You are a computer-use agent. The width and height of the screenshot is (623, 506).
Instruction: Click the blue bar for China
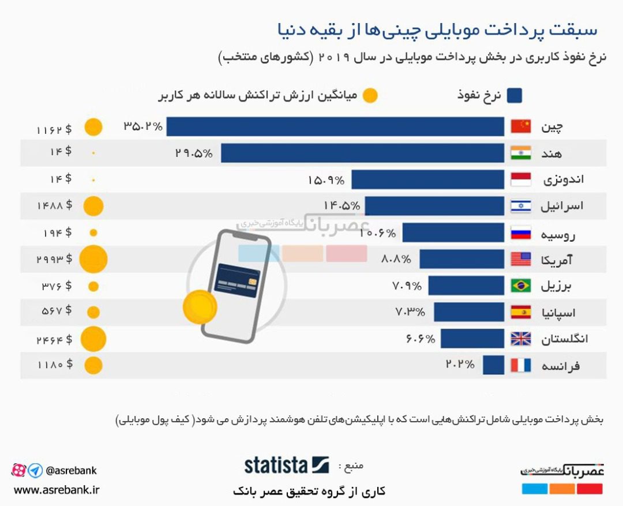point(335,127)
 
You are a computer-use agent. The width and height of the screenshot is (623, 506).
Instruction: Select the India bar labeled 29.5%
point(362,153)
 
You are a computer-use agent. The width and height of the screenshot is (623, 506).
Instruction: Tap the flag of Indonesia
point(521,180)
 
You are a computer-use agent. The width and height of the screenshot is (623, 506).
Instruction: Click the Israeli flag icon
point(521,206)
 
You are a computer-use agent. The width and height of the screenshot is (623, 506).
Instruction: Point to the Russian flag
point(521,233)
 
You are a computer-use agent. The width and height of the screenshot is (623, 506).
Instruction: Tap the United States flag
point(521,259)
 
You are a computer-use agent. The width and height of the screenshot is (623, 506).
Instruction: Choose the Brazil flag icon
point(521,286)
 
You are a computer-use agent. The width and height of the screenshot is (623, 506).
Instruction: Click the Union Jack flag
point(521,339)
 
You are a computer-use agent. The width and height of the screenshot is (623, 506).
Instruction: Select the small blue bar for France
point(493,366)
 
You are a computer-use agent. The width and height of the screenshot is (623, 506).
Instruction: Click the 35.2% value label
point(143,126)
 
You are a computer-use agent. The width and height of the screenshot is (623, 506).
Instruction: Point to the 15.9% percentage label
point(326,180)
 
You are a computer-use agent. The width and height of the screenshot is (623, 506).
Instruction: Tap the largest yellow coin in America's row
point(93,259)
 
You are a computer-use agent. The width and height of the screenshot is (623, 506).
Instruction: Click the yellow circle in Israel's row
point(93,206)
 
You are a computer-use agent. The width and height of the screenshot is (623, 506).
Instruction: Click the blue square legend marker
point(515,95)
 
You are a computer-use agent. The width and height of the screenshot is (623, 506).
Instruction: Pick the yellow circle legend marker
point(370,95)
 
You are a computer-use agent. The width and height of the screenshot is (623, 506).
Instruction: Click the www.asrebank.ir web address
point(57,490)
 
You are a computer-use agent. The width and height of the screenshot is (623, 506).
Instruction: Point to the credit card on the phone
point(237,280)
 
